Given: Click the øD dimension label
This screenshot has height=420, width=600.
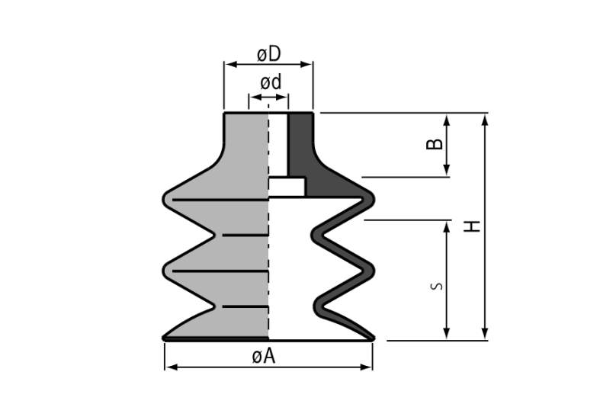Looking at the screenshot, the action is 269,54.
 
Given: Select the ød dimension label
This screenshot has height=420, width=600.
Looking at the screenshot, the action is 271,82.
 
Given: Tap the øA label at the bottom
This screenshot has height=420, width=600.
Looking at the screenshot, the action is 264,357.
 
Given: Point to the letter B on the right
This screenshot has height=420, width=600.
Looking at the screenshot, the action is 435,144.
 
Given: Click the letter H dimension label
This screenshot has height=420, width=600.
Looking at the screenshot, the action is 472,226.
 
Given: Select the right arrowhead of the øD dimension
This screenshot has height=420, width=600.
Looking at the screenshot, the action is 306,64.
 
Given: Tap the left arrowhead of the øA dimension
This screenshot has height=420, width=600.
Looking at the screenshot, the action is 172,367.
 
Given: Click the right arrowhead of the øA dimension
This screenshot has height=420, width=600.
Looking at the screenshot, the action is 366,367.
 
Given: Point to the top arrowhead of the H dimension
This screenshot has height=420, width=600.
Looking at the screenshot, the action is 485,120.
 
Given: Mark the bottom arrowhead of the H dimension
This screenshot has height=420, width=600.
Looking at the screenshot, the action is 485,333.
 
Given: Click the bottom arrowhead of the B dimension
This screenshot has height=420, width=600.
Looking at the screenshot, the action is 447,170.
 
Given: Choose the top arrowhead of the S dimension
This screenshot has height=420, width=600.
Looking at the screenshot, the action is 447,227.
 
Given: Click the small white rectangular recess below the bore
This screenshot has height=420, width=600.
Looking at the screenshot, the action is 287,187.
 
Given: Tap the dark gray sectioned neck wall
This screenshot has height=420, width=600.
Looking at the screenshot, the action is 301,146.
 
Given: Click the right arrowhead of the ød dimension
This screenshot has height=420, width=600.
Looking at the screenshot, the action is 283,96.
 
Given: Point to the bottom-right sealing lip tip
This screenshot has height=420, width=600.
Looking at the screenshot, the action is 373,338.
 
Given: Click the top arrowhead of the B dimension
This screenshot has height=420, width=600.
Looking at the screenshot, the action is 447,120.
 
